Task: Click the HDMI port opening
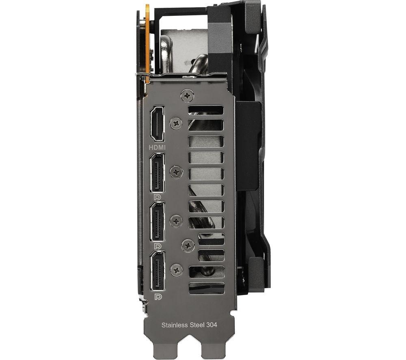click(x=157, y=123)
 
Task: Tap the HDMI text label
click(x=157, y=147)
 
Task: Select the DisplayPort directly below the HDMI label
click(x=157, y=172)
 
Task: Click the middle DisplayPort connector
click(x=157, y=222)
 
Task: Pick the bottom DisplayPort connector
click(x=157, y=271)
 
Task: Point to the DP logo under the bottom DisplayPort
click(x=158, y=297)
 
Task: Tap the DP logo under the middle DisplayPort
click(x=158, y=246)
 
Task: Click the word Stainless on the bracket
click(x=174, y=325)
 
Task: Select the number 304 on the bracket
click(x=212, y=325)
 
